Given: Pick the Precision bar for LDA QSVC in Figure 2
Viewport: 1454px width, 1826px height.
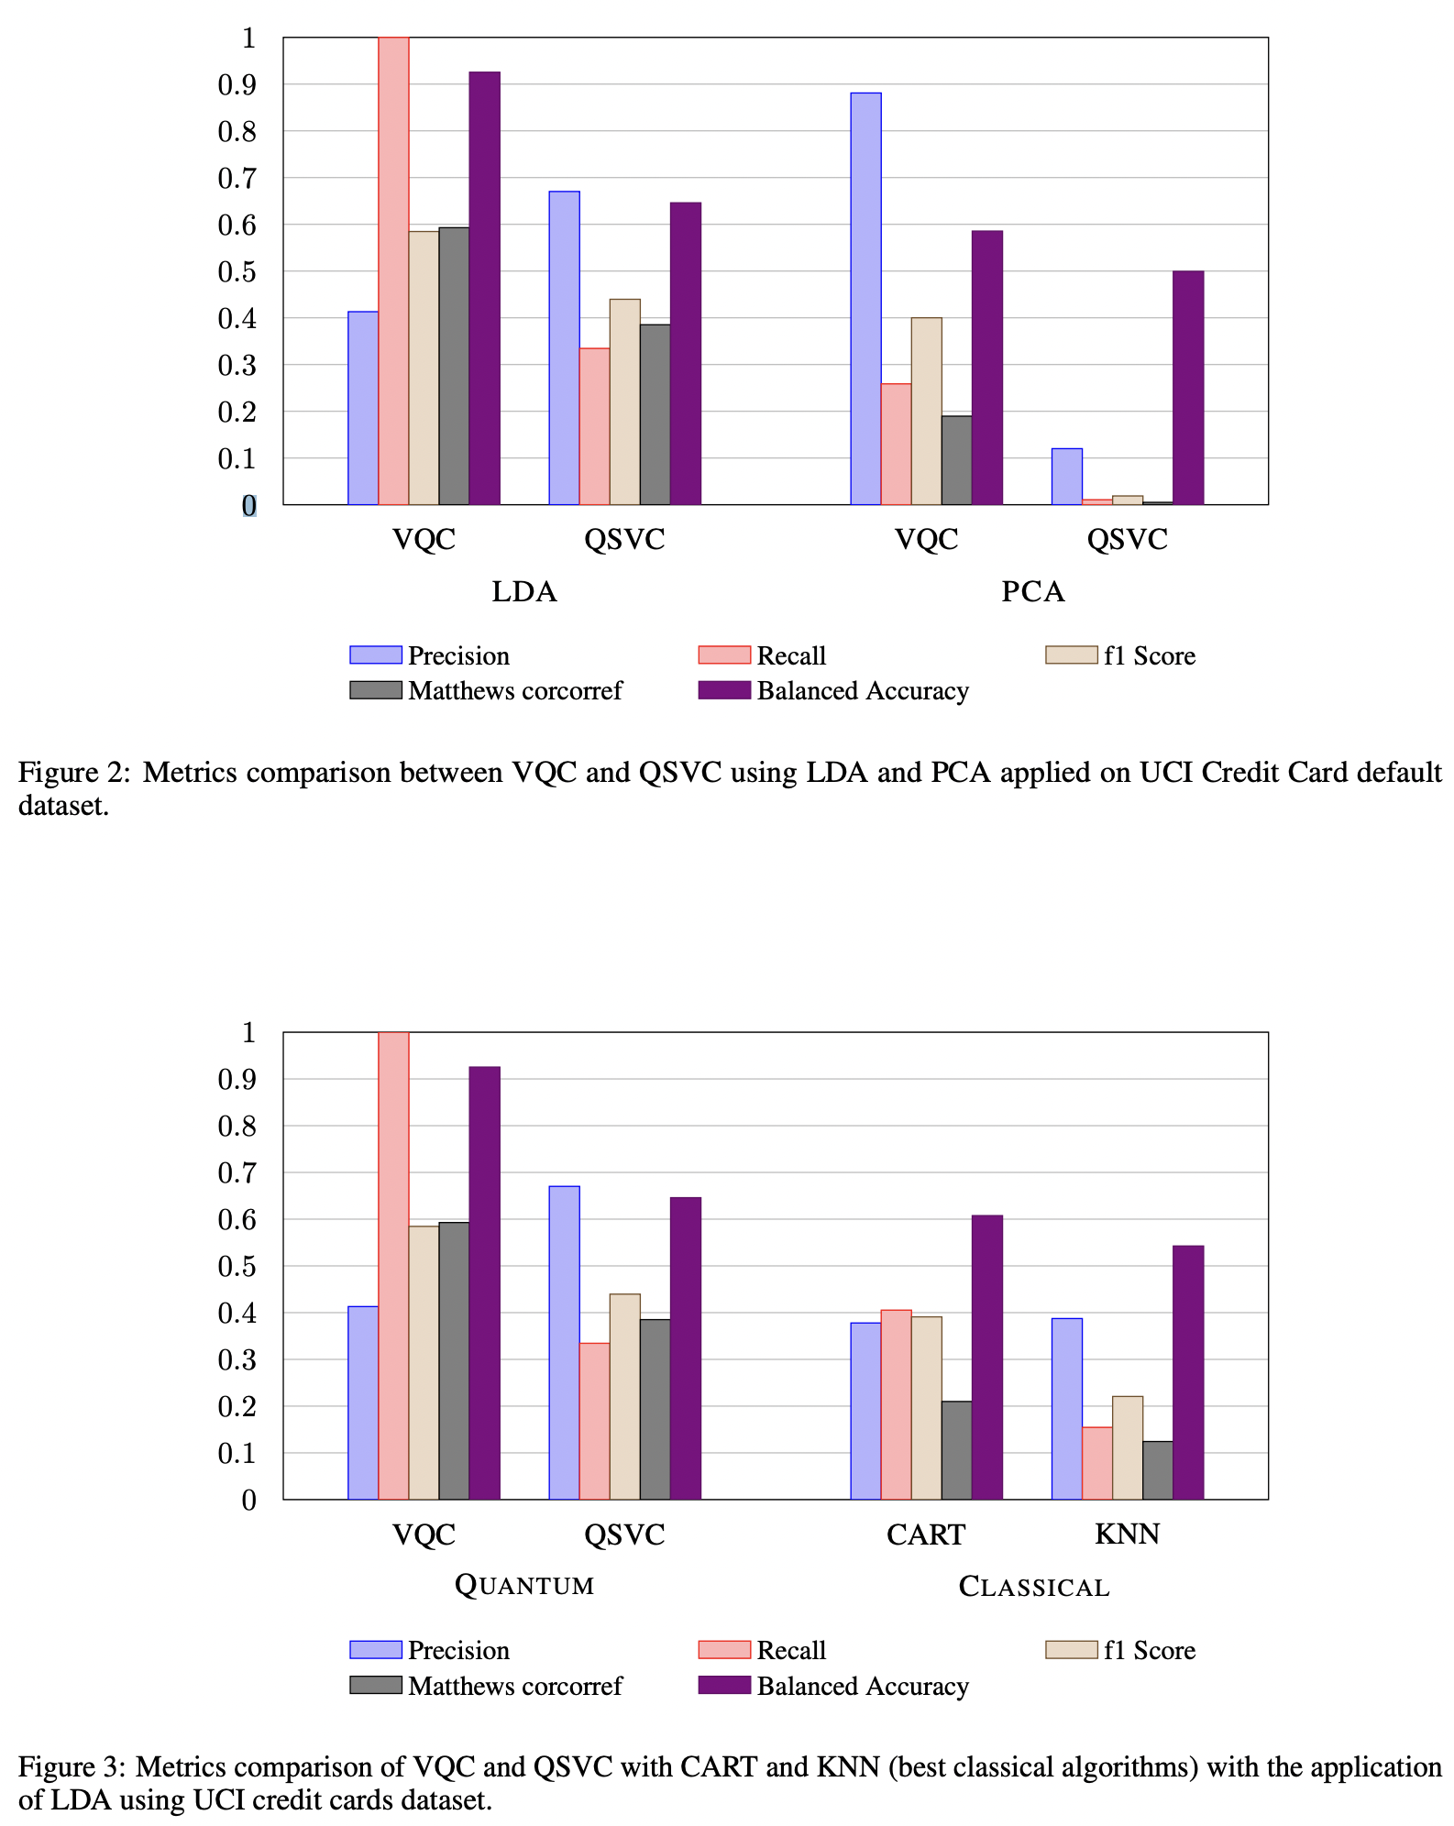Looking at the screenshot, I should tap(564, 348).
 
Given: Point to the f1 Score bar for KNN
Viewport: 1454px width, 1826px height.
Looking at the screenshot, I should tap(1128, 1447).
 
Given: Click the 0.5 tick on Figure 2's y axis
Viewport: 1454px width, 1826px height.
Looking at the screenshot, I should tap(237, 272).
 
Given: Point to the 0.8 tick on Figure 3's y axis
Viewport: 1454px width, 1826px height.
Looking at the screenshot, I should tap(237, 1127).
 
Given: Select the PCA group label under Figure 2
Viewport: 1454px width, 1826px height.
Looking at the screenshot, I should tap(1032, 592).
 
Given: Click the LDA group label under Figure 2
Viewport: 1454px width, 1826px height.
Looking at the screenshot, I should tap(524, 592).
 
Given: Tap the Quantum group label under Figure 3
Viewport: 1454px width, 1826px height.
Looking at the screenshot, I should tap(524, 1585).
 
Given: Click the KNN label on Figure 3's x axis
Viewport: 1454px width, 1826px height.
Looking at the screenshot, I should tap(1127, 1534).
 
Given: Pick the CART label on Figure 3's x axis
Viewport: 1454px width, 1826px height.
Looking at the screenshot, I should tap(926, 1534).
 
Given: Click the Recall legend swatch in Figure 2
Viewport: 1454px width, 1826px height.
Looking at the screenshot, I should tap(723, 654).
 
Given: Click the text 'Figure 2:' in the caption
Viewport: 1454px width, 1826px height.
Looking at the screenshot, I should tap(74, 773).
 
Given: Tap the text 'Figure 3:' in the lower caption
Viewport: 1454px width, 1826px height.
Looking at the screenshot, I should tap(72, 1766).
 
